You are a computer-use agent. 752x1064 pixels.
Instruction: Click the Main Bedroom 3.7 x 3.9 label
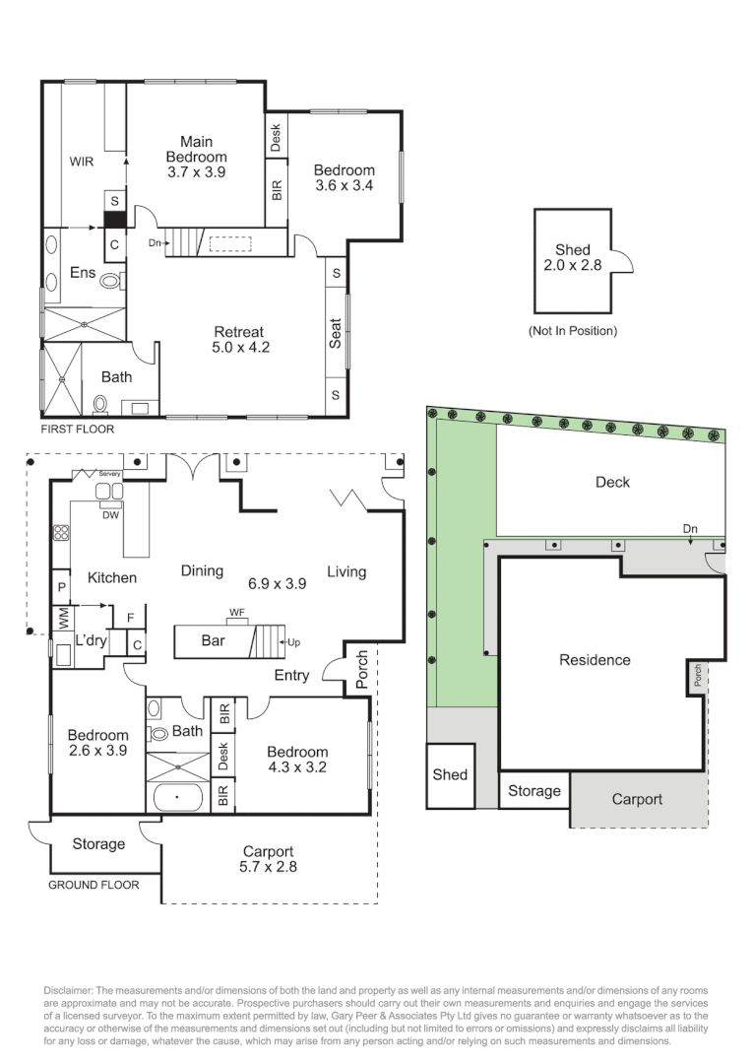(196, 157)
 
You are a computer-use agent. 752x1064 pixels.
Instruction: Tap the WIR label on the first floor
(81, 162)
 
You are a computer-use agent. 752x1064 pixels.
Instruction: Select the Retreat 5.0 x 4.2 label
(241, 339)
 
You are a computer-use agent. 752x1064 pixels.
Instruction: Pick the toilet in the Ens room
(111, 281)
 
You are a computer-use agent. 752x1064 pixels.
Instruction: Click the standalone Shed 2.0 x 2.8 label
(572, 258)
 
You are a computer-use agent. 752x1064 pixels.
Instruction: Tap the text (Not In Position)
(572, 331)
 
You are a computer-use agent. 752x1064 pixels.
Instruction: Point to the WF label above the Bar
(236, 613)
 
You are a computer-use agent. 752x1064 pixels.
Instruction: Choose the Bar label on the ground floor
(214, 640)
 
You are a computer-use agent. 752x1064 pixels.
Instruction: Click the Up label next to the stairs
(294, 642)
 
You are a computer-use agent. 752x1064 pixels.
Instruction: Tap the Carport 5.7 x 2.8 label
(269, 859)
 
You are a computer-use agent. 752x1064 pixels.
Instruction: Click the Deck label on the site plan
(612, 482)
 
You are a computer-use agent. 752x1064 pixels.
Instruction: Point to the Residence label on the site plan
(595, 660)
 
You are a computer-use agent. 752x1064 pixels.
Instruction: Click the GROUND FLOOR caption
(94, 885)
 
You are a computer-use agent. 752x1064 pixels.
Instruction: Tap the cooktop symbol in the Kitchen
(60, 533)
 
